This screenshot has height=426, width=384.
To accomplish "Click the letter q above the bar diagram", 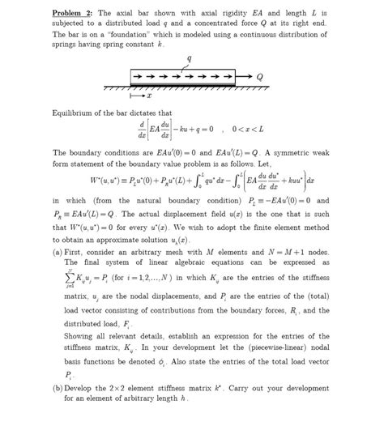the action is pyautogui.click(x=189, y=58).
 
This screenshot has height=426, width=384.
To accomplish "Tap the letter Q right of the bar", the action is pyautogui.click(x=260, y=78).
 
